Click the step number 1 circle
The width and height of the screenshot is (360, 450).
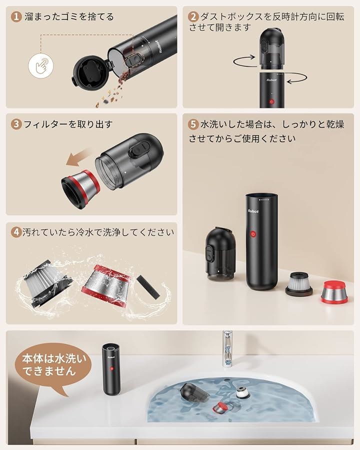coord(16,16)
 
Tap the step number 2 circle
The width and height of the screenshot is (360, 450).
coord(193,16)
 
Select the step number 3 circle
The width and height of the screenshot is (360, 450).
coord(16,124)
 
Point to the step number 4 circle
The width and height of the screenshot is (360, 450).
coord(16,231)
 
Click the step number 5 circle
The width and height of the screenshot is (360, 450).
coord(193,124)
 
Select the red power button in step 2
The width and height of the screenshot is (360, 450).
coord(271,101)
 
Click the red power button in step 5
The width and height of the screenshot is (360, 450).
coord(253,234)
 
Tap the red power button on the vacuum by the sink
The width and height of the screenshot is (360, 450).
coord(111,368)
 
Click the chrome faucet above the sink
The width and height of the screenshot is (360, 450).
coord(227,349)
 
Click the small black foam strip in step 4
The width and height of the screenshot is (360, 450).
coord(147,287)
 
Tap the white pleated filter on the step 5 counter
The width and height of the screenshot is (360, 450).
coord(298,284)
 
